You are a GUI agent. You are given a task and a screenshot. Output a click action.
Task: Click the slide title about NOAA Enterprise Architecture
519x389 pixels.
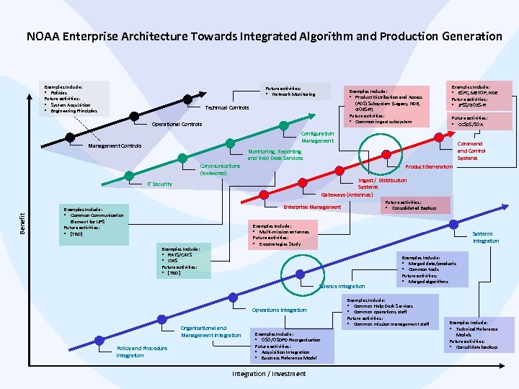[264, 36]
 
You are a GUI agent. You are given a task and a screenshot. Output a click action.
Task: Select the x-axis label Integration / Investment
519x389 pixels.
[269, 373]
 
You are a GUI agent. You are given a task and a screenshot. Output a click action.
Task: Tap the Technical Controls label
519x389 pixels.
[227, 107]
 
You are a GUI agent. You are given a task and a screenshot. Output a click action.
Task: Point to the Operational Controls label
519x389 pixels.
[177, 124]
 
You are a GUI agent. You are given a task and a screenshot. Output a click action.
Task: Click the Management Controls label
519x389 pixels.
[115, 146]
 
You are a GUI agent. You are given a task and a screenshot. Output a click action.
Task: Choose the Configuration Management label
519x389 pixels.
[317, 137]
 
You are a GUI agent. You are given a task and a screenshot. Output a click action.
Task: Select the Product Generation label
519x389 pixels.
[428, 167]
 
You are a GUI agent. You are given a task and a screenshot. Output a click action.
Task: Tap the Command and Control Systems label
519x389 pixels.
[471, 151]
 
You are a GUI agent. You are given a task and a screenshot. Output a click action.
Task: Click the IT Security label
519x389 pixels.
[159, 184]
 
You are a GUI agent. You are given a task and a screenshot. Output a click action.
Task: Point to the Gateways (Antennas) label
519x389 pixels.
[347, 194]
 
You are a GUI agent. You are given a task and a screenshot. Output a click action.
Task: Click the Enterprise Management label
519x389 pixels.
[312, 207]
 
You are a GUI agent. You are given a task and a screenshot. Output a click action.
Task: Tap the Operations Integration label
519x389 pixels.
[279, 310]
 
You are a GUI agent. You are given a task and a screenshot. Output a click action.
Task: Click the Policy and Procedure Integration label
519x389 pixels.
[141, 352]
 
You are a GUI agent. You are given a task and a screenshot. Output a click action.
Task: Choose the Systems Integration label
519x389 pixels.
[485, 237]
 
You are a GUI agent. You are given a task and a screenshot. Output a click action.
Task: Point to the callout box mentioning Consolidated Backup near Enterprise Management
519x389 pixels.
[417, 205]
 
